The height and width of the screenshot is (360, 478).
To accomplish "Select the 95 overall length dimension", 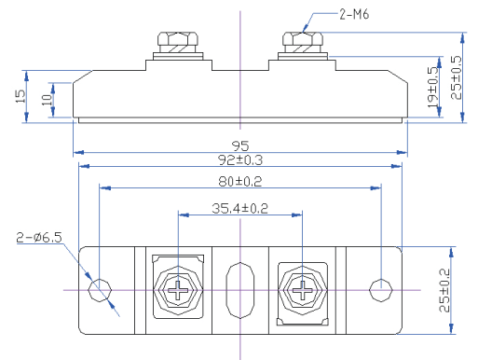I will (239, 145).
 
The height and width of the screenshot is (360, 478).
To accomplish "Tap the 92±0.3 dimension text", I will (240, 159).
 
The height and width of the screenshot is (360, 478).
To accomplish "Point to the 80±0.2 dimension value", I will (240, 180).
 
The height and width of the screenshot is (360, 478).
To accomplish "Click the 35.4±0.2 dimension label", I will (239, 208).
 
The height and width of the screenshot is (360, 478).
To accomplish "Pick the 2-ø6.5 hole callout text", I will (39, 238).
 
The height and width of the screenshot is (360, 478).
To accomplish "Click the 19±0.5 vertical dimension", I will (433, 87).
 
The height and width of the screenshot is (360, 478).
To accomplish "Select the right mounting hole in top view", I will (380, 290).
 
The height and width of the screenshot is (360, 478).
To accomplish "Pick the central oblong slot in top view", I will (240, 290).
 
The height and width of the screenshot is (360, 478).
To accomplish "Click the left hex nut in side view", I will (177, 42).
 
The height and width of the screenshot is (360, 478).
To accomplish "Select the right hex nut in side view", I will (303, 41).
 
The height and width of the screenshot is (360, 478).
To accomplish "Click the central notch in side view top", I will (240, 65).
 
